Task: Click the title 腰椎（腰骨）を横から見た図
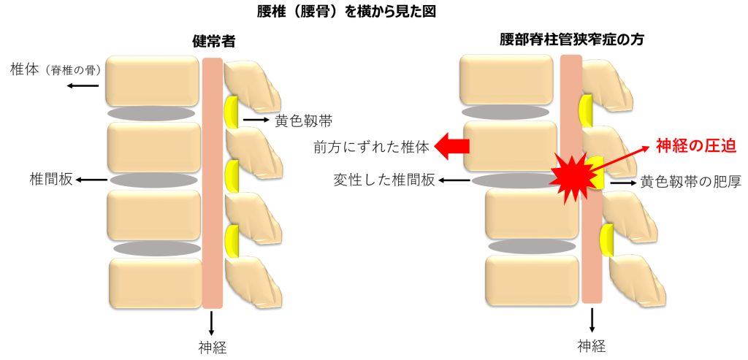[347, 12]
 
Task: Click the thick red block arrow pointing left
[452, 146]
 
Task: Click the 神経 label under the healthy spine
[212, 346]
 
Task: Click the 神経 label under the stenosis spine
[592, 346]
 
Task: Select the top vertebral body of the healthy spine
[152, 80]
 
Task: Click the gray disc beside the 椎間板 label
[153, 180]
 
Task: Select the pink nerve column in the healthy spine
[212, 183]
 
